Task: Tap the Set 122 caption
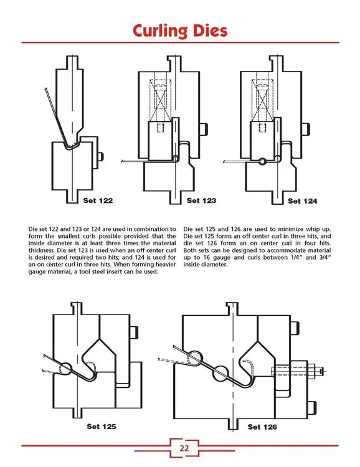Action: (98, 200)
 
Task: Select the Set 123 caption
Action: (201, 200)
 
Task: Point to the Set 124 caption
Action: (302, 200)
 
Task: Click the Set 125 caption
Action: (102, 427)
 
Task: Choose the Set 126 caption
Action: (262, 427)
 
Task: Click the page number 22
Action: (185, 448)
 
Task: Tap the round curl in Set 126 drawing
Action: (196, 357)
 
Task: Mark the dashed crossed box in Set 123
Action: (161, 100)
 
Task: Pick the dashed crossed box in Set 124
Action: (263, 100)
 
